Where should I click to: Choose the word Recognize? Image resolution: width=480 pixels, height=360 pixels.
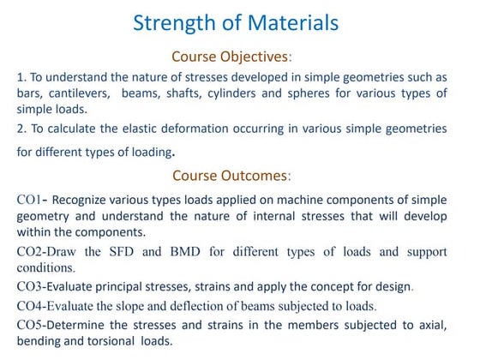[81, 200]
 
